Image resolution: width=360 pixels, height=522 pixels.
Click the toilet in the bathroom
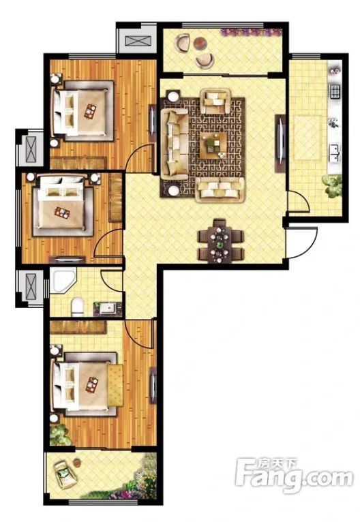point(77,307)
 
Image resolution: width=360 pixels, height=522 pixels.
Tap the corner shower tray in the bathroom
point(62,281)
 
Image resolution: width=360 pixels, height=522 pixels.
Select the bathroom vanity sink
point(108,309)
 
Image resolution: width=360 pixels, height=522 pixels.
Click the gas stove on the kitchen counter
point(335,91)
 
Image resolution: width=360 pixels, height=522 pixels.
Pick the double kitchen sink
point(335,153)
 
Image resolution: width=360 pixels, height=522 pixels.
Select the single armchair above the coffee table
point(216,102)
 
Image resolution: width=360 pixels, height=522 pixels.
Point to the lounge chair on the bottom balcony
point(66,474)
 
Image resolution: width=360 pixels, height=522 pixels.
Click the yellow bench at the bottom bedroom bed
point(115,386)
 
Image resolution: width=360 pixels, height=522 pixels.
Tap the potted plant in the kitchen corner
point(333,186)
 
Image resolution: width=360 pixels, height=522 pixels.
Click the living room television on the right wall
point(280,144)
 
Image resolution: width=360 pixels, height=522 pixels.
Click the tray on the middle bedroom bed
point(63,213)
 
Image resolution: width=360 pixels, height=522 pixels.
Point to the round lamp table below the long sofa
point(173,190)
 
